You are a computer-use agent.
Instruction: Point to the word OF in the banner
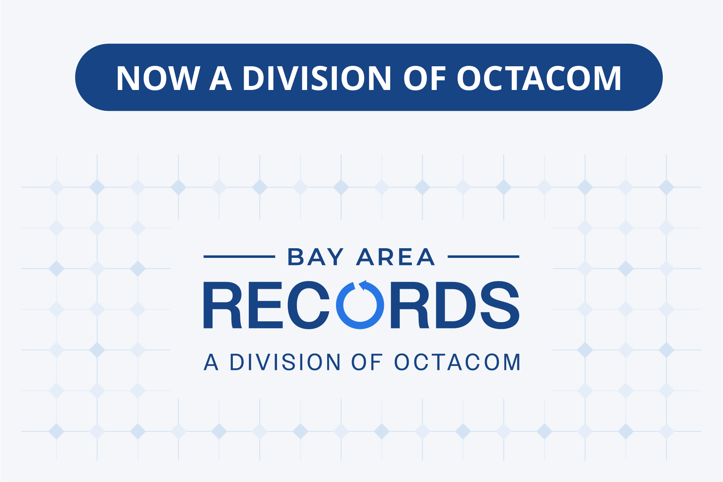pos(424,78)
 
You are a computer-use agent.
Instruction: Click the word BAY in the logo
pos(316,257)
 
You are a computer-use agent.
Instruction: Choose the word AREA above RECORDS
pos(396,257)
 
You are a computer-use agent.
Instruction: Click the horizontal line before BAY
pos(239,256)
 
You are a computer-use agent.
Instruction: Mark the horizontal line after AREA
pos(483,256)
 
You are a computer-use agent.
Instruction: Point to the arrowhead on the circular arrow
pos(363,285)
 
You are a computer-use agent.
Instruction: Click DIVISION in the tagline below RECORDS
pos(285,362)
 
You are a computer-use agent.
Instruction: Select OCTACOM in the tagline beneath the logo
pos(457,362)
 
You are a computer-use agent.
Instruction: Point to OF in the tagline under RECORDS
pos(367,362)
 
